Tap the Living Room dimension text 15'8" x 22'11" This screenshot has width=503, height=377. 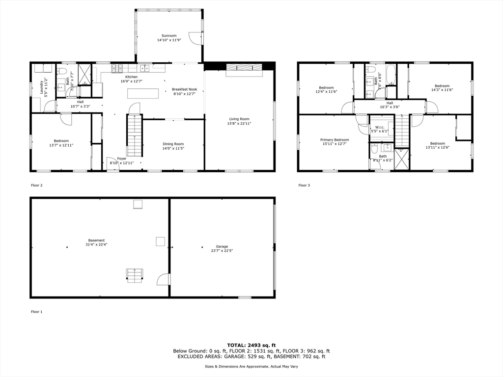239,123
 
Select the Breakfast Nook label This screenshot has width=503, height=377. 184,89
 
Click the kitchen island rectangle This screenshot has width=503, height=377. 143,93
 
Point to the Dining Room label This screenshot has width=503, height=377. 173,144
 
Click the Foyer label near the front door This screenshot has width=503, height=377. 121,159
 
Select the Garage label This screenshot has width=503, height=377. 222,246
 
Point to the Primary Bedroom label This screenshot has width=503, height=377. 335,140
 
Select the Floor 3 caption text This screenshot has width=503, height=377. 304,186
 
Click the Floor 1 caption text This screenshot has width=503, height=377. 37,312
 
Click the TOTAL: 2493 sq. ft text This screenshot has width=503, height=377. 251,345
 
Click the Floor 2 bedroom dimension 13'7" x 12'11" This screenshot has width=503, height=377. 61,145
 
